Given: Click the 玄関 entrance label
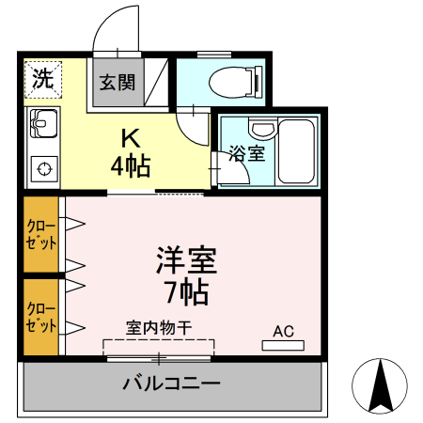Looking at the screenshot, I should [x=117, y=81].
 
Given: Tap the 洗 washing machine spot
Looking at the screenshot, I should [x=42, y=79].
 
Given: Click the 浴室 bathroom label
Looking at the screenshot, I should [x=247, y=153].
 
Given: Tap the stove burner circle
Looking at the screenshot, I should [x=43, y=169].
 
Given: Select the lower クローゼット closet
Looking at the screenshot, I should [x=42, y=318].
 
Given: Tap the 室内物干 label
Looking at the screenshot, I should [x=159, y=327].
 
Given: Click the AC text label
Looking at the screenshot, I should [x=283, y=330].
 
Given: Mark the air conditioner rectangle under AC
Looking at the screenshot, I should [x=283, y=345].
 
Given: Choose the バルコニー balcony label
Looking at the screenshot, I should [x=171, y=384].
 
